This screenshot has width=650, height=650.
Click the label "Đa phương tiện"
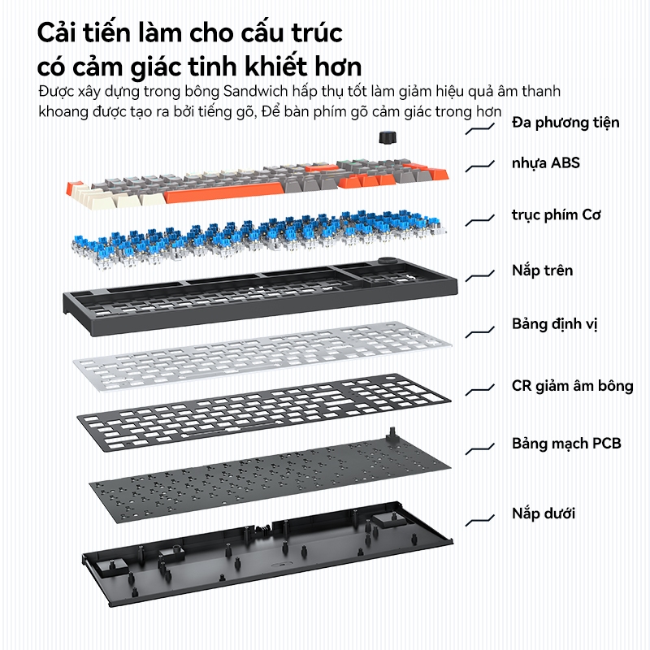pos(565,123)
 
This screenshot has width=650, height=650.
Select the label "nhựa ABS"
pos(545,163)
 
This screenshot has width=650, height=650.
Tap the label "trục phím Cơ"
pos(557,215)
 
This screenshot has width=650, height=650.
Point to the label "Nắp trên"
pos(542,270)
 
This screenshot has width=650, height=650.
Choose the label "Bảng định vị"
pos(554,324)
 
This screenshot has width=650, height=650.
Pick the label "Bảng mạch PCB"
pos(566,444)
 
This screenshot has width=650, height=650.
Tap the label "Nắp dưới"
pos(544,513)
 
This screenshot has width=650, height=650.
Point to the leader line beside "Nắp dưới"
pos(481,517)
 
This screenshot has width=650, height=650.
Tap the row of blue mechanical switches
pos(260,236)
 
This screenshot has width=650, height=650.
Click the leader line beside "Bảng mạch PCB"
pos(481,447)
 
